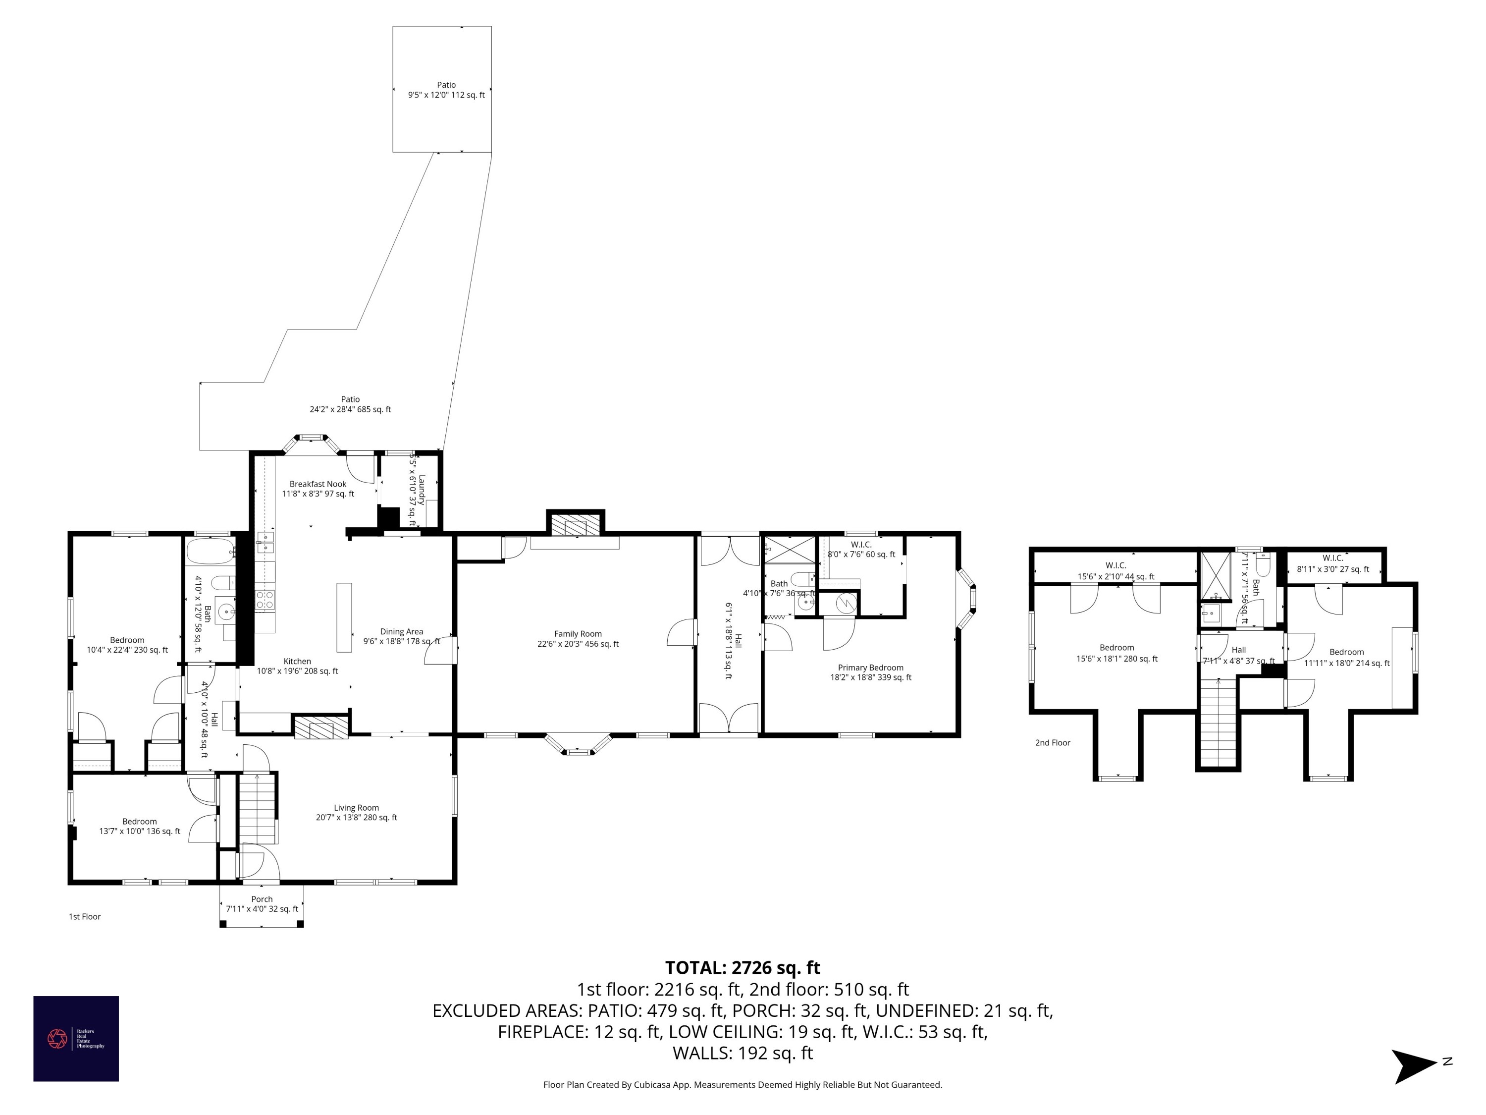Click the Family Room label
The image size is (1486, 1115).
(578, 634)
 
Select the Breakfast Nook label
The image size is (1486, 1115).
(318, 484)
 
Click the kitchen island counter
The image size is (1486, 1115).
(344, 617)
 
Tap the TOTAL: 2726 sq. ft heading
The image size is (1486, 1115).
(743, 968)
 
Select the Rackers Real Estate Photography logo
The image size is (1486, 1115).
(76, 1038)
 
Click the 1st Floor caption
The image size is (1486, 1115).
(85, 917)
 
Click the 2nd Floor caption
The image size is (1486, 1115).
(1053, 743)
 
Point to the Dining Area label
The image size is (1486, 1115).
(401, 632)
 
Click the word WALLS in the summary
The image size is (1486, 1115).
(702, 1053)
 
